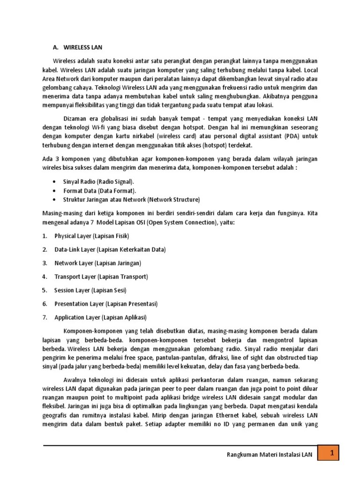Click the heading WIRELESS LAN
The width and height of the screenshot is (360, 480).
[82, 48]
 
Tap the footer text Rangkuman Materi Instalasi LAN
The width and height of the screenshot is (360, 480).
[269, 454]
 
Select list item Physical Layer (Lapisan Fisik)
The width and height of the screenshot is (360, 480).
[91, 236]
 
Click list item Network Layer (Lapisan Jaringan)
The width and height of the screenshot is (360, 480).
[97, 263]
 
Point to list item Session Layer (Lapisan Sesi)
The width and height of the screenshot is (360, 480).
[90, 290]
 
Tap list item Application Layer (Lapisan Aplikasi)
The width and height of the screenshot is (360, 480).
[100, 317]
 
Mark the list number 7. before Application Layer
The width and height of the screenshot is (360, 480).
[45, 317]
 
